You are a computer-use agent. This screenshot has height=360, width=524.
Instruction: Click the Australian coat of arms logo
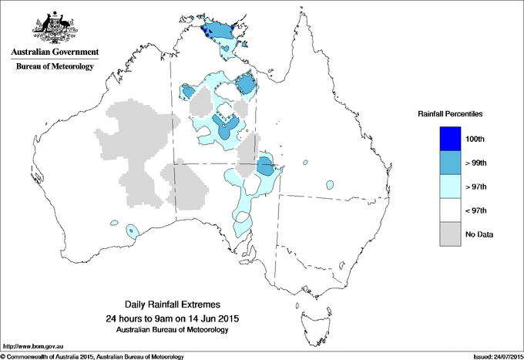(55, 26)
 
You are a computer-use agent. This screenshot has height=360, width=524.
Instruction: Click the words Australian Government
(55, 52)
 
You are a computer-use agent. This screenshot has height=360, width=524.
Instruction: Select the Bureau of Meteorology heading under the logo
(55, 66)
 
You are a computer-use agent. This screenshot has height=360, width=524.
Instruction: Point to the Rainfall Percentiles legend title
(450, 113)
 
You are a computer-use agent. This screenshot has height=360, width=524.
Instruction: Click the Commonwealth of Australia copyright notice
(92, 356)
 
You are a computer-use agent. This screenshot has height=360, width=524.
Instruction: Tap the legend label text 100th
(475, 139)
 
